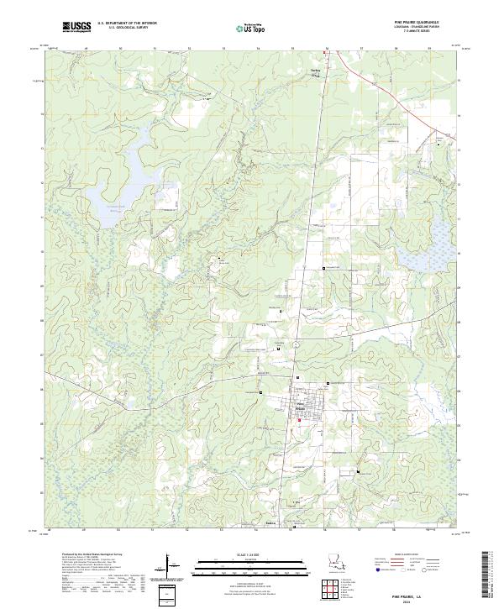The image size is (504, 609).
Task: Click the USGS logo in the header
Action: (x=77, y=28)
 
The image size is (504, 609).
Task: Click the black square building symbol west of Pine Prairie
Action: (x=260, y=392)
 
